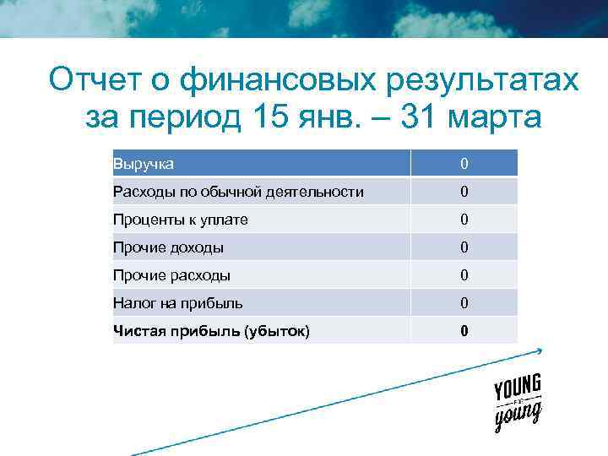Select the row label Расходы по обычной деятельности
click(x=239, y=192)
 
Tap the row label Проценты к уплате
click(x=181, y=220)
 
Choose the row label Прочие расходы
click(x=171, y=275)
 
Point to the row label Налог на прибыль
click(x=178, y=303)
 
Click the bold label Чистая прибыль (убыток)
click(x=211, y=331)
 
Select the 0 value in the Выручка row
click(x=464, y=164)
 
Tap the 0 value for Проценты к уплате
click(x=464, y=220)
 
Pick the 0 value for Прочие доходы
click(x=464, y=247)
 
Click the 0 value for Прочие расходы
click(x=464, y=275)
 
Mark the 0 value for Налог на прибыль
click(x=464, y=303)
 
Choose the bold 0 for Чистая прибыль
click(x=464, y=331)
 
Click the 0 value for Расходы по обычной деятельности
click(x=464, y=192)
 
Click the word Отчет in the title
click(x=94, y=81)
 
